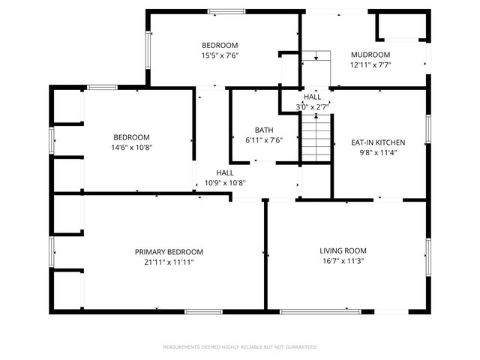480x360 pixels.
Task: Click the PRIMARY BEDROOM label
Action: (169, 252)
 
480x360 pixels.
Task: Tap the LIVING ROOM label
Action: (343, 250)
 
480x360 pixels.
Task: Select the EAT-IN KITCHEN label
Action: (379, 142)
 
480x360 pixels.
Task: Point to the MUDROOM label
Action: (370, 55)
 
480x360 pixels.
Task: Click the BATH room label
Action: (264, 130)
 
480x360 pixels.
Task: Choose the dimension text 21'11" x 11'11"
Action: (169, 262)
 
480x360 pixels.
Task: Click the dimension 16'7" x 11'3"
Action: (343, 261)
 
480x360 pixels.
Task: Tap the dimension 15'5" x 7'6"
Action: (220, 55)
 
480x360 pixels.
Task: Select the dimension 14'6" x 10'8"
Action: (131, 148)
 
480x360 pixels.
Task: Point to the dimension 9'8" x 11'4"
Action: (379, 152)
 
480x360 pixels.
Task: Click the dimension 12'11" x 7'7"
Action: (370, 64)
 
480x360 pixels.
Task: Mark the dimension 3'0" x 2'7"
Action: (312, 107)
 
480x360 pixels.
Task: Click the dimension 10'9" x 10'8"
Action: (225, 182)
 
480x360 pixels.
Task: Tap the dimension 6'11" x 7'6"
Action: (264, 139)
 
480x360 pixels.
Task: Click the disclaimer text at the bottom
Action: (240, 347)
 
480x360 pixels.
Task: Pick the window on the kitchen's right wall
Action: (428, 127)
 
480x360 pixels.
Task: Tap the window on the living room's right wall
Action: (428, 256)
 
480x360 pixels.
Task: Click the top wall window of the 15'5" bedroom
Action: (225, 11)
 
